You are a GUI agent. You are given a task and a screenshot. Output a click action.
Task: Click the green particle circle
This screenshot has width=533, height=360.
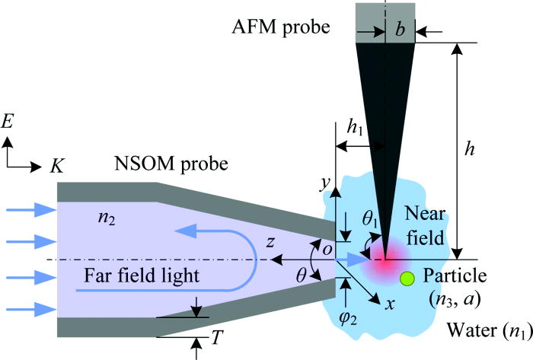coord(407,279)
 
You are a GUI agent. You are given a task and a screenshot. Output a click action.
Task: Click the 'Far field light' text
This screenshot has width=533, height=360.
coord(137,276)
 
